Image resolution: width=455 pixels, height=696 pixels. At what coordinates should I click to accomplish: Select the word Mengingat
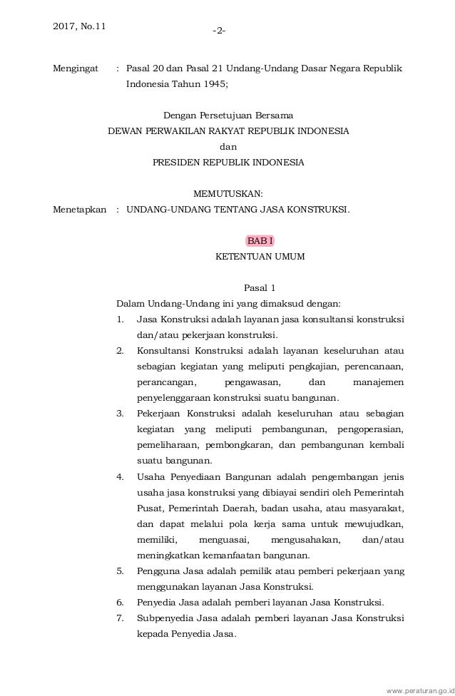76,68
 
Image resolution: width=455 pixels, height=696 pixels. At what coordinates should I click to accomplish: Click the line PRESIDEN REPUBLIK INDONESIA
228,162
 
